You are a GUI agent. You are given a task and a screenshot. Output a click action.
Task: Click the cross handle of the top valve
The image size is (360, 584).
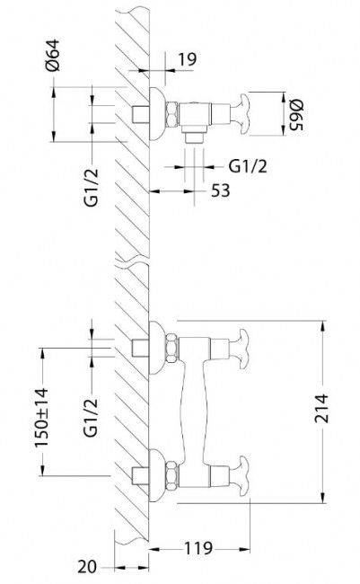tap(235, 114)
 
